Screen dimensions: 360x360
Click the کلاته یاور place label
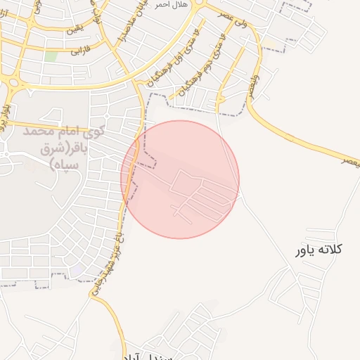tap(319, 249)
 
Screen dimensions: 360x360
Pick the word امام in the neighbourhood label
tap(70, 131)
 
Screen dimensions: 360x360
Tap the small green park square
tap(51, 56)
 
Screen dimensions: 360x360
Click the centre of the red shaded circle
tap(180, 179)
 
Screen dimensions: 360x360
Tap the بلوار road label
tap(7, 113)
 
